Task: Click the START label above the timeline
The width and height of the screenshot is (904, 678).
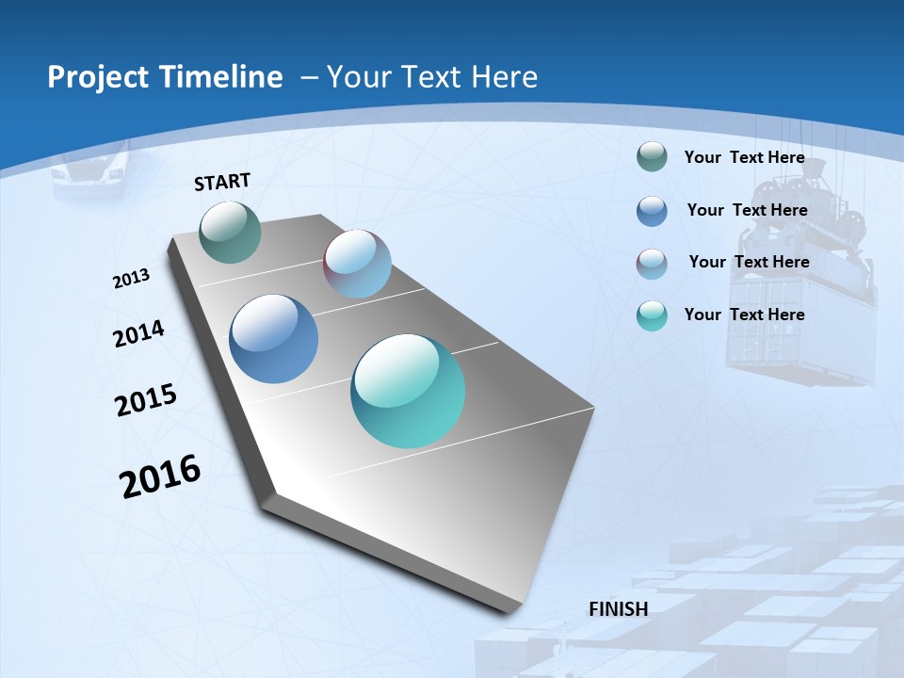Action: [x=222, y=182]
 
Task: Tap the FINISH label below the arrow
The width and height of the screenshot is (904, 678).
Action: [x=618, y=609]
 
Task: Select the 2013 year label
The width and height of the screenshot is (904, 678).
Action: [x=131, y=279]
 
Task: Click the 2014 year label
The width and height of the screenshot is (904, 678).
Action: [x=138, y=333]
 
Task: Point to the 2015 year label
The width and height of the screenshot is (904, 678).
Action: [x=145, y=399]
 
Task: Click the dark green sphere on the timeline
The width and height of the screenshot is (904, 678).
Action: [x=231, y=232]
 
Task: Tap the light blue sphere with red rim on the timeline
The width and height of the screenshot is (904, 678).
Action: [x=357, y=264]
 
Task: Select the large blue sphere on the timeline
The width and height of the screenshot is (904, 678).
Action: [x=273, y=339]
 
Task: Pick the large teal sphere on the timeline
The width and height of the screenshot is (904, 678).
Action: [x=408, y=391]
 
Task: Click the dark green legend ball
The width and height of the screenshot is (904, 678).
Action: [x=652, y=157]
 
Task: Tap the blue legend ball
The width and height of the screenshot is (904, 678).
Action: [x=652, y=211]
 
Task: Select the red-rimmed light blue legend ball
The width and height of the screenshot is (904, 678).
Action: [x=652, y=264]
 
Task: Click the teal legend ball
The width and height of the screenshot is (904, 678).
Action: [x=652, y=315]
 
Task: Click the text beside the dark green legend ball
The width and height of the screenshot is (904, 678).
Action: [x=744, y=157]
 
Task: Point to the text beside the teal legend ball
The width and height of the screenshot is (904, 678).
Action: [x=744, y=315]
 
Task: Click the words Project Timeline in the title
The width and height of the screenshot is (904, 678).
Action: [x=165, y=77]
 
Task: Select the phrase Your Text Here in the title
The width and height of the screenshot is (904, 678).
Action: [x=431, y=77]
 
